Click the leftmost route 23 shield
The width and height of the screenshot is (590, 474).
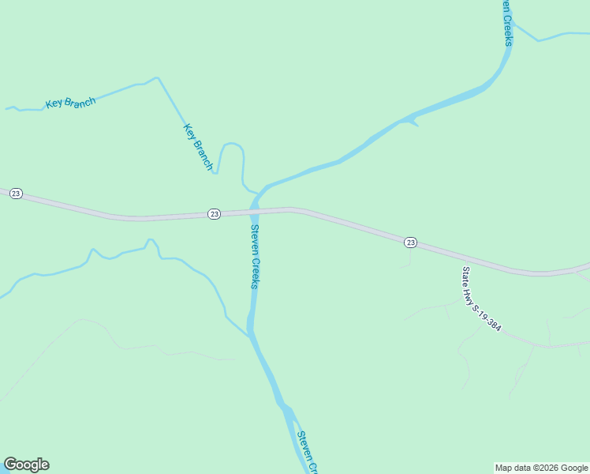click(x=16, y=194)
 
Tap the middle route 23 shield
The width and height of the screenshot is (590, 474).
click(x=214, y=214)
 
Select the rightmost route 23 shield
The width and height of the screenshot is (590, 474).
click(x=410, y=243)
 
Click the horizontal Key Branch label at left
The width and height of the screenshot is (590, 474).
click(x=70, y=103)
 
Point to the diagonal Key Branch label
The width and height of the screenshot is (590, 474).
click(x=199, y=146)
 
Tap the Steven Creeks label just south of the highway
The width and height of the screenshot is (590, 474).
click(x=255, y=257)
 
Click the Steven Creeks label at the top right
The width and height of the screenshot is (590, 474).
click(x=506, y=22)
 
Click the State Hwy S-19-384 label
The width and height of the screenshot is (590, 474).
click(x=480, y=299)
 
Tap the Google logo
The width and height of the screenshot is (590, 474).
click(x=26, y=465)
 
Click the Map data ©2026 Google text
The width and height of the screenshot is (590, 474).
click(x=541, y=468)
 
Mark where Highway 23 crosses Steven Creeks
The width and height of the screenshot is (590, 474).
click(x=255, y=211)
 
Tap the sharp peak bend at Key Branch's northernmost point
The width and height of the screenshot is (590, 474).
click(x=158, y=77)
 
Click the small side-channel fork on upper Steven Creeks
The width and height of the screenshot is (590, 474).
click(x=412, y=122)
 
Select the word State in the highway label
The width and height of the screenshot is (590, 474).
click(x=466, y=276)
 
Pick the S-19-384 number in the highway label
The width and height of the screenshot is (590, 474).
click(x=487, y=310)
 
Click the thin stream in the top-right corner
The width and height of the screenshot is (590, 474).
click(x=560, y=35)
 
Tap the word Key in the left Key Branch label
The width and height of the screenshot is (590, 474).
click(x=54, y=104)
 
